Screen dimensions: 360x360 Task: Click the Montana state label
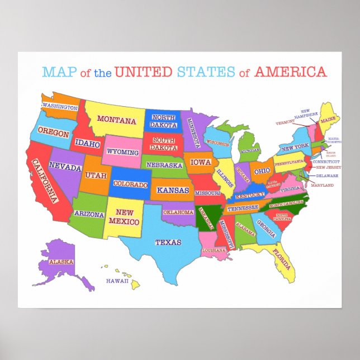coord(116,119)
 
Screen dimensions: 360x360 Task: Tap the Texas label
coord(168,242)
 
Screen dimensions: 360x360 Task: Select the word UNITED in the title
coord(144,72)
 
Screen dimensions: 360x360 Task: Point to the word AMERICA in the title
coord(290,72)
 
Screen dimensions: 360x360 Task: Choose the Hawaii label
coord(117,281)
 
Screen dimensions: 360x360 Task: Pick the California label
coord(45,181)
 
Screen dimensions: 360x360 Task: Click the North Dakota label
coord(163,121)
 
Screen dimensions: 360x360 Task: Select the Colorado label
coord(131,184)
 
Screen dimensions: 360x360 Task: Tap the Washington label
coord(60,107)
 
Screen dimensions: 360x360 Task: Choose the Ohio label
coord(262,171)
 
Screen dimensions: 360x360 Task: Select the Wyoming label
coord(122,152)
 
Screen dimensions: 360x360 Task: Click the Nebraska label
coord(165,165)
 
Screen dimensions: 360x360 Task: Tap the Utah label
coord(96,175)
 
